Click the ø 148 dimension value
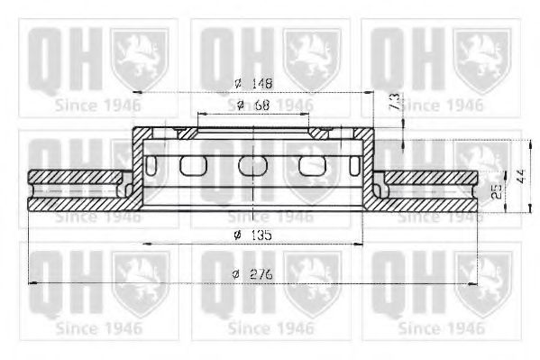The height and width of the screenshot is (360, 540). [252, 83]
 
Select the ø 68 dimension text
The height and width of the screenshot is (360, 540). [252, 106]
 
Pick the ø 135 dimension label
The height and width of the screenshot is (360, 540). [253, 235]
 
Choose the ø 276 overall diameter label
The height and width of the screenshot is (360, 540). [253, 273]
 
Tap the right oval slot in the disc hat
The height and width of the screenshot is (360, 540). [311, 165]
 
